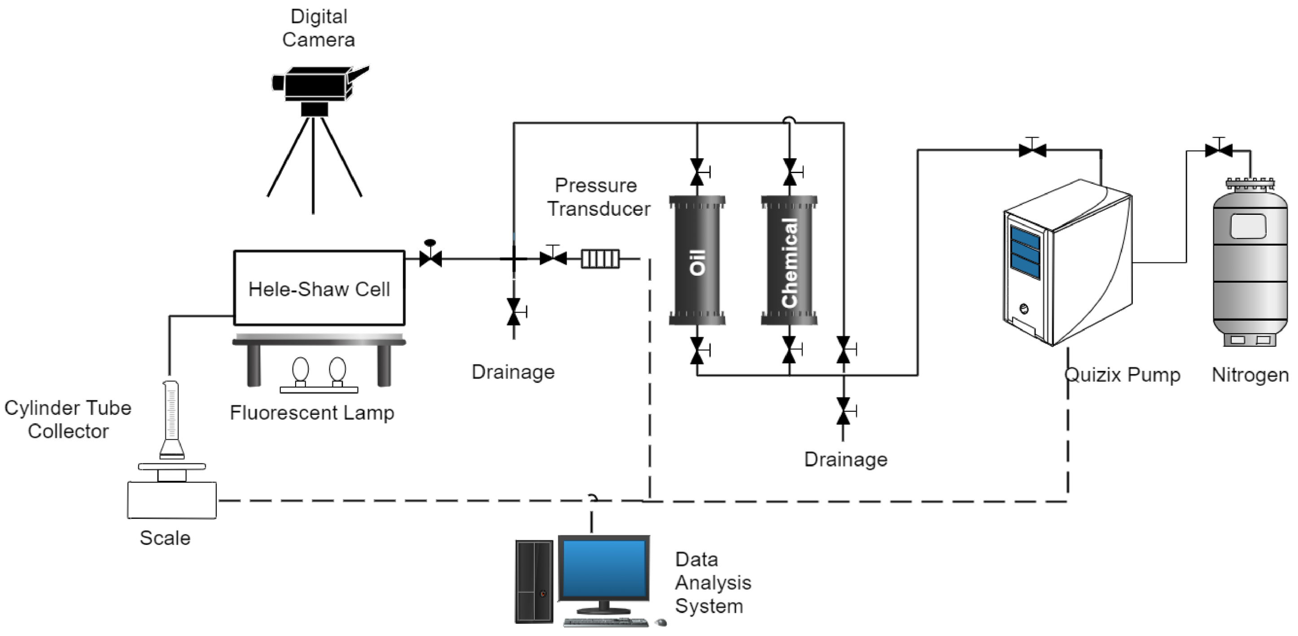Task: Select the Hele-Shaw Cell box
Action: (x=319, y=288)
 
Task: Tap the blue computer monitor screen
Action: (x=603, y=568)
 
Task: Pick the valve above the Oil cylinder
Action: (x=697, y=172)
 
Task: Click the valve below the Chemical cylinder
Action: (x=790, y=349)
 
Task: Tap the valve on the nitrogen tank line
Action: (x=1219, y=149)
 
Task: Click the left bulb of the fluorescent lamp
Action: (x=300, y=370)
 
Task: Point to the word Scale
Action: (x=165, y=538)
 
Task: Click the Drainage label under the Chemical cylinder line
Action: (x=845, y=459)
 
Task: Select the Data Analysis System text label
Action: (x=712, y=583)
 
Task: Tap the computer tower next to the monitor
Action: (x=533, y=582)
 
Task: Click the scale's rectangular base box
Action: (x=172, y=500)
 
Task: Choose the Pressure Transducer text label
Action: (x=598, y=197)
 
